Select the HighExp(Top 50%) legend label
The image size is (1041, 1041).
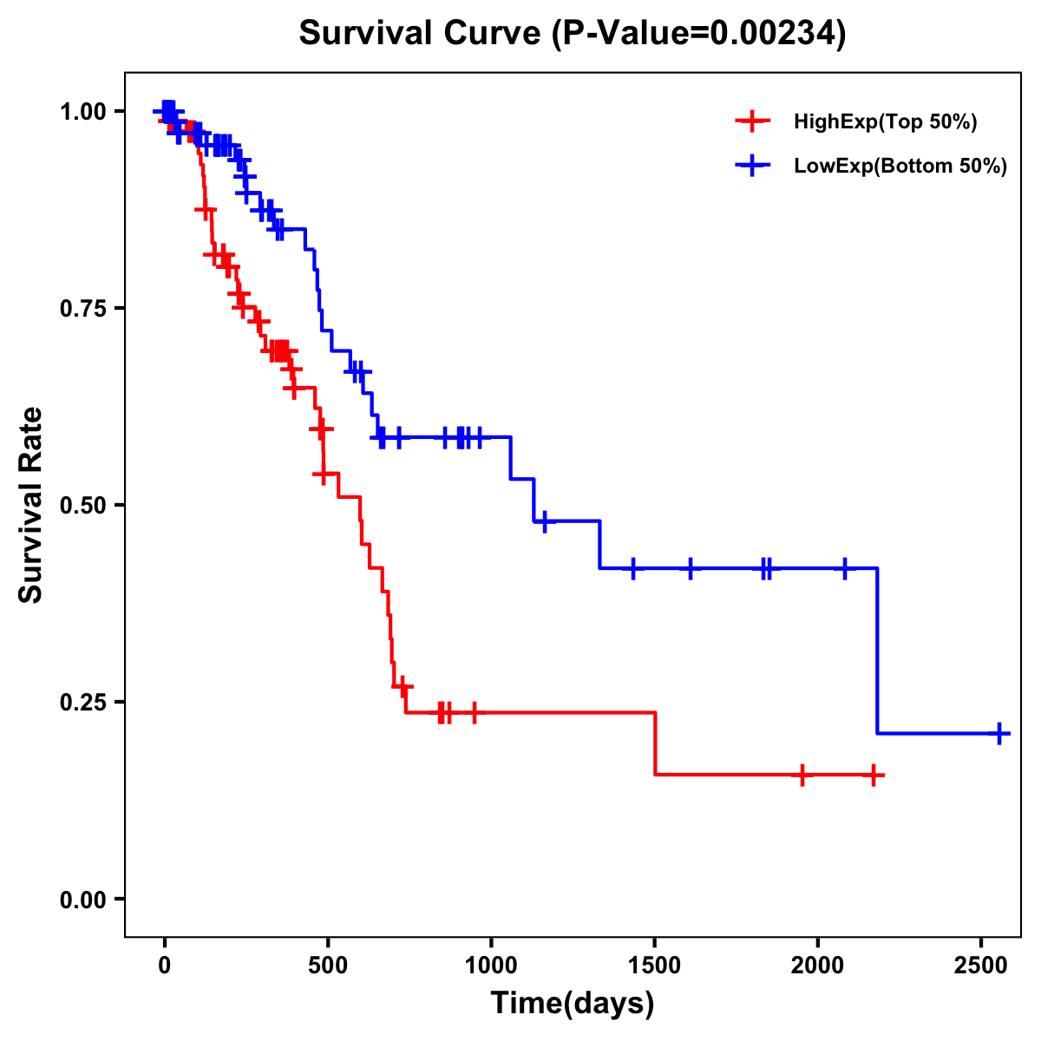click(x=885, y=121)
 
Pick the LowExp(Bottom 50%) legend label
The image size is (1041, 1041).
click(x=900, y=167)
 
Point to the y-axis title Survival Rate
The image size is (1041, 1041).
click(x=31, y=505)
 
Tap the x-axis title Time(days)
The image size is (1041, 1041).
click(x=573, y=1004)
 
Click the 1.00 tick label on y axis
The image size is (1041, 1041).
click(x=82, y=111)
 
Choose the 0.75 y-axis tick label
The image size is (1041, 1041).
click(x=82, y=308)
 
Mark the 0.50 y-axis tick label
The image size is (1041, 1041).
click(x=82, y=505)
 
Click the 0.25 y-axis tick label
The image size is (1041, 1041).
click(x=82, y=702)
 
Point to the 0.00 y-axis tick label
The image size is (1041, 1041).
click(x=82, y=899)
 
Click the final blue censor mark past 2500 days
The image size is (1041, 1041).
click(x=999, y=733)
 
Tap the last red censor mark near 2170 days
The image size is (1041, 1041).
click(x=874, y=775)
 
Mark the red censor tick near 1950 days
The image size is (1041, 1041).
click(x=802, y=775)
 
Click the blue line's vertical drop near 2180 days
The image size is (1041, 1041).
click(x=878, y=651)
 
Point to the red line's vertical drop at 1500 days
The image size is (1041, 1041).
click(x=655, y=743)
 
